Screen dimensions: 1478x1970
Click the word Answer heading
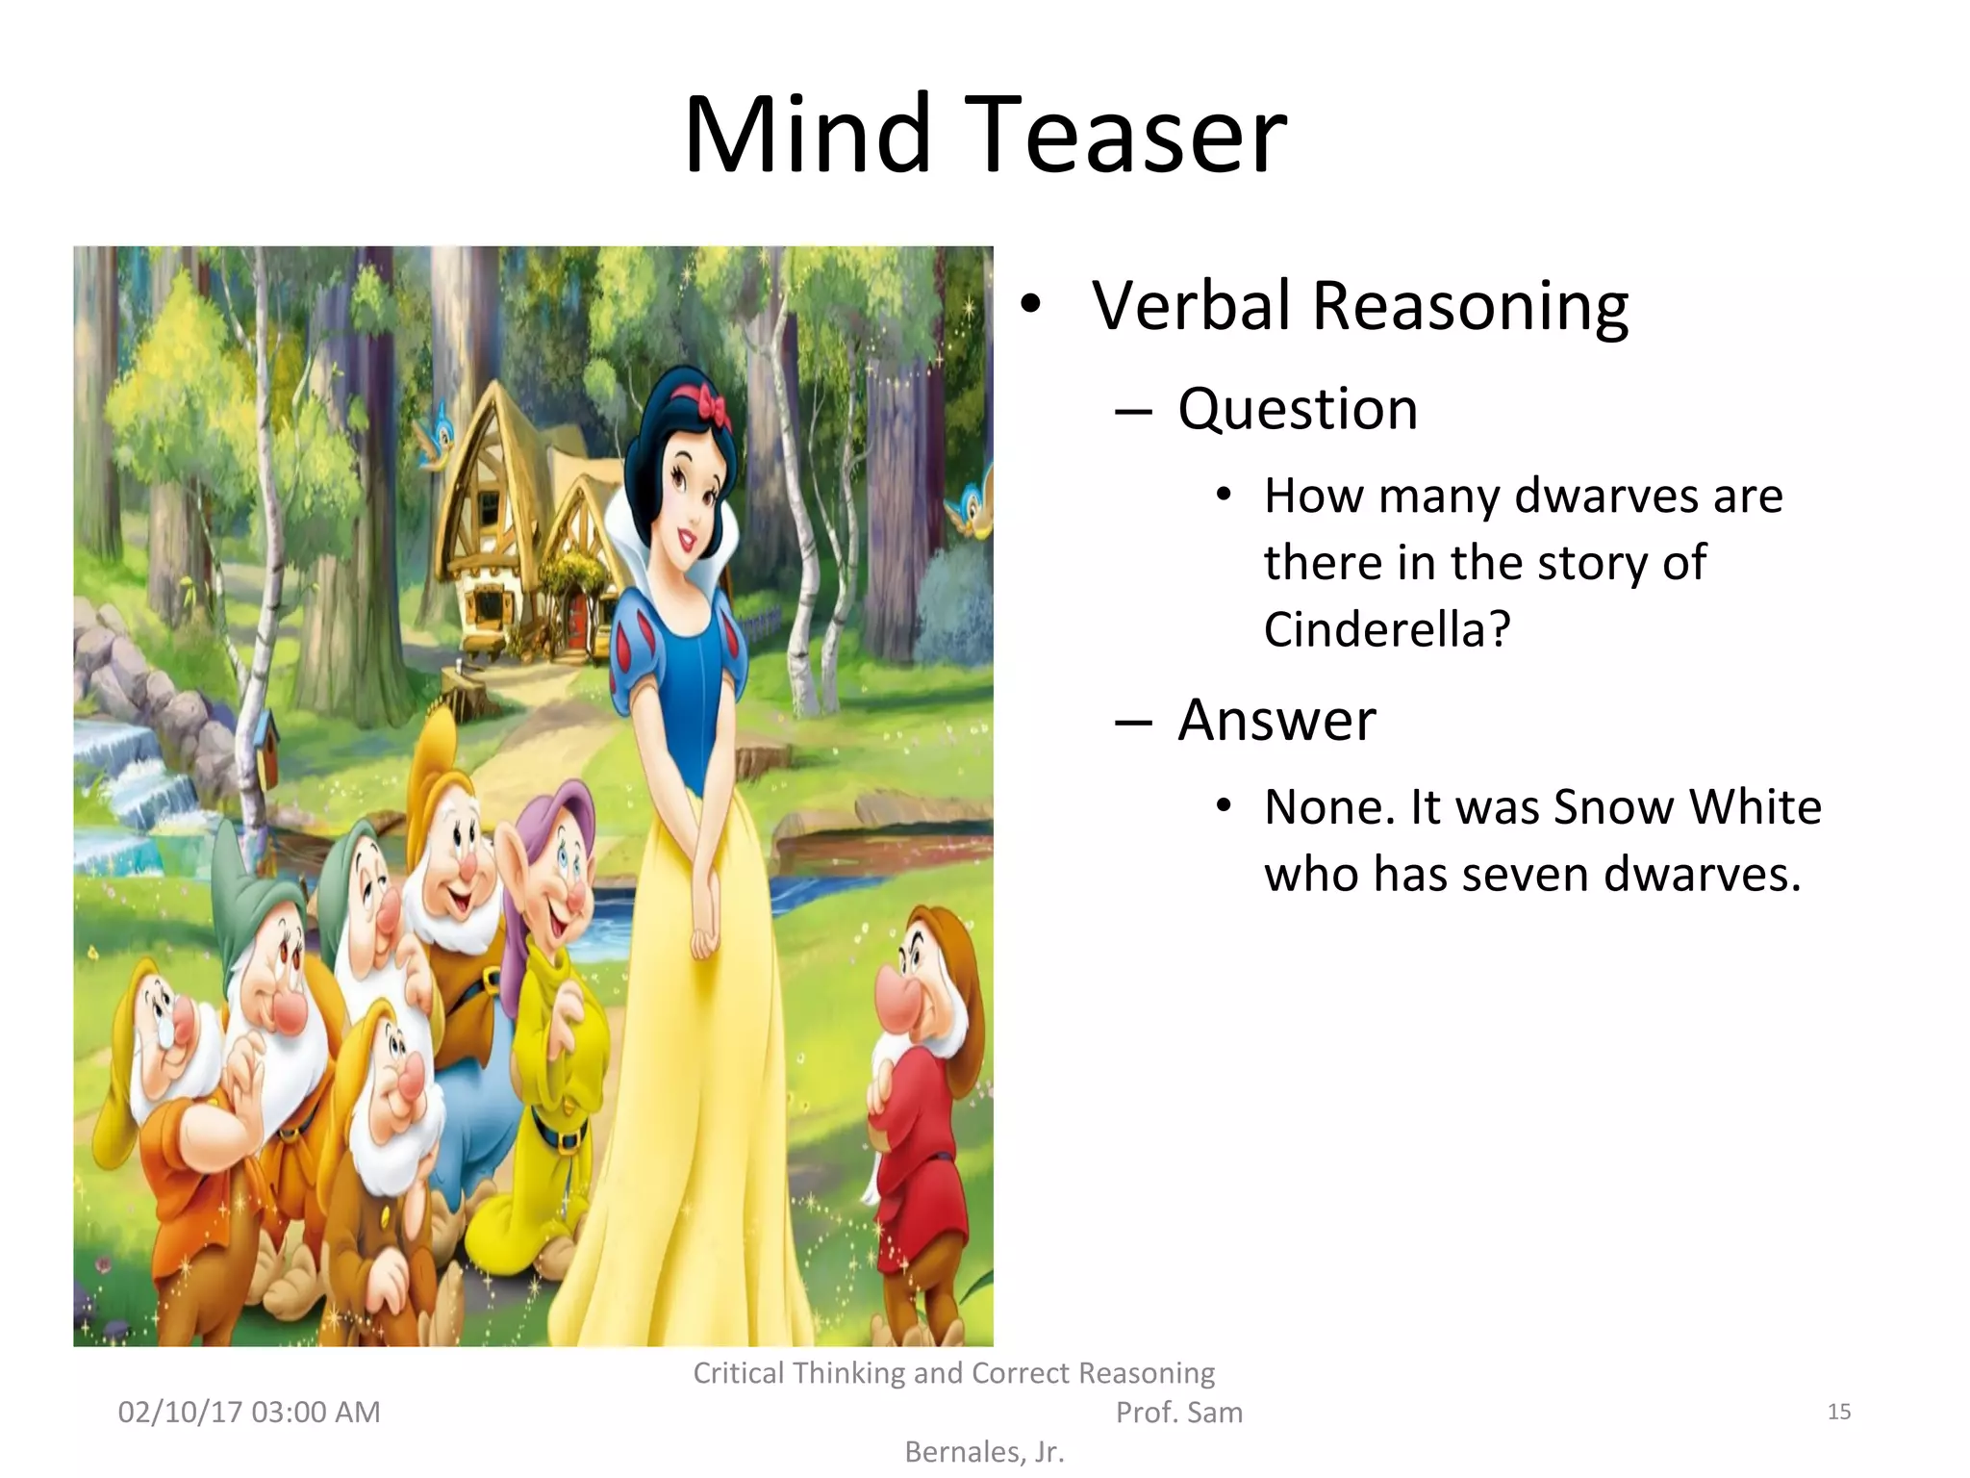pyautogui.click(x=1276, y=720)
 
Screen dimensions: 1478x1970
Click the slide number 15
pyautogui.click(x=1838, y=1412)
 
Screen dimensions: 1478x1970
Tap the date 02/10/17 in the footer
pyautogui.click(x=180, y=1412)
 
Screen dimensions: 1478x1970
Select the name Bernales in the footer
pyautogui.click(x=965, y=1451)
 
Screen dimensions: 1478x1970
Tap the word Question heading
pyautogui.click(x=1298, y=408)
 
